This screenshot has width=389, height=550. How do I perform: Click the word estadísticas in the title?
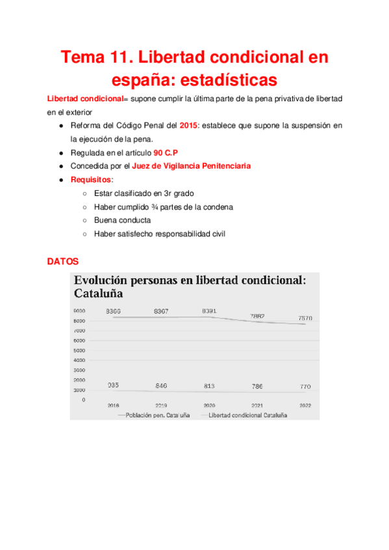(x=222, y=80)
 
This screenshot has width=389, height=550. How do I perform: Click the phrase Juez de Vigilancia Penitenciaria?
(x=191, y=166)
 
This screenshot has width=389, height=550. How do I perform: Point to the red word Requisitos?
(x=92, y=180)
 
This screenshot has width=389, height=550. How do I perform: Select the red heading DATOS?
(x=63, y=261)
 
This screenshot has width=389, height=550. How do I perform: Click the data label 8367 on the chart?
(x=161, y=311)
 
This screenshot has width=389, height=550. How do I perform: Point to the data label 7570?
(x=305, y=318)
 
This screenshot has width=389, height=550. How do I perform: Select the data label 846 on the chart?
(x=161, y=386)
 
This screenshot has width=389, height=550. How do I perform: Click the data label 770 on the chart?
(x=305, y=386)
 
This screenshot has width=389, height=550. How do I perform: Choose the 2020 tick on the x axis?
(x=209, y=405)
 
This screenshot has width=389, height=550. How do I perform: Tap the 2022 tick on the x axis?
(x=305, y=405)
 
